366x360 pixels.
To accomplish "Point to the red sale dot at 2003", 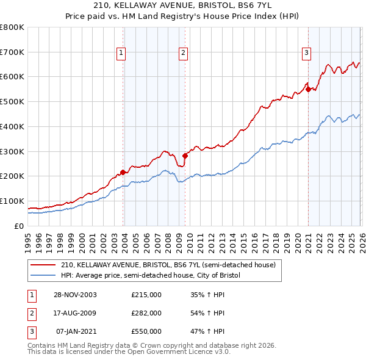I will pos(123,172).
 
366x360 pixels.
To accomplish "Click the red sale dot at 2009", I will pos(185,156).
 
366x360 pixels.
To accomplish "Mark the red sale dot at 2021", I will pos(308,89).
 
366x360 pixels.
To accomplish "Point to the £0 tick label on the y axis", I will pos(20,226).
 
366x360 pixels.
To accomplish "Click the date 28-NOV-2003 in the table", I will pos(75,294).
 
